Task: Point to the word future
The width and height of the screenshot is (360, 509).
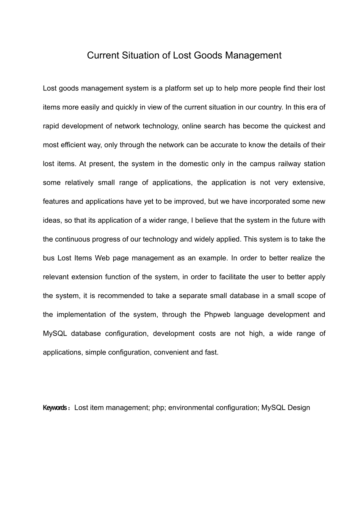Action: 302,220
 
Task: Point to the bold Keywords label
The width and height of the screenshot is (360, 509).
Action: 56,408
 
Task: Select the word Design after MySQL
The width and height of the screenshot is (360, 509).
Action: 299,408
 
